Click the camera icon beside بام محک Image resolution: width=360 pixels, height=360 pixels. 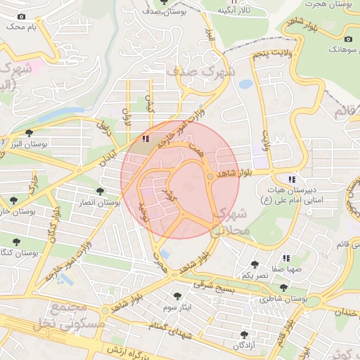(x=21, y=16)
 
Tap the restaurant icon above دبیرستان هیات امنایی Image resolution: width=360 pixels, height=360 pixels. (x=292, y=179)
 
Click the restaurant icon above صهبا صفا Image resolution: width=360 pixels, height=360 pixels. (x=286, y=258)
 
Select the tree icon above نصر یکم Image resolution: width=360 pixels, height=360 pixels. (x=254, y=264)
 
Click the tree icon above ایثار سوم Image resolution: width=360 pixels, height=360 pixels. (x=176, y=296)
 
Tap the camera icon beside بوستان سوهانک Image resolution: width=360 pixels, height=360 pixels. (x=349, y=39)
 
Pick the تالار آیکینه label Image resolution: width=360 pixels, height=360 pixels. (x=234, y=11)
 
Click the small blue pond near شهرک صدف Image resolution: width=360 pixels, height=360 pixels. (x=245, y=84)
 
